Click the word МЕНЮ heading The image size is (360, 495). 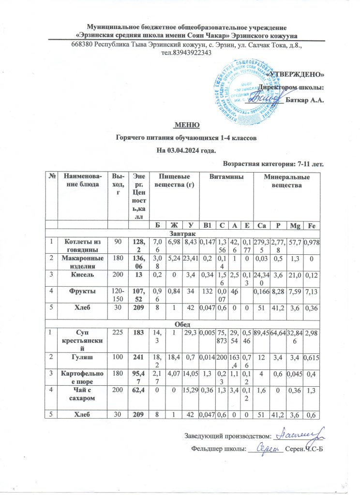tap(187, 125)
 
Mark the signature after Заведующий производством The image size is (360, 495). tap(302, 436)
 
